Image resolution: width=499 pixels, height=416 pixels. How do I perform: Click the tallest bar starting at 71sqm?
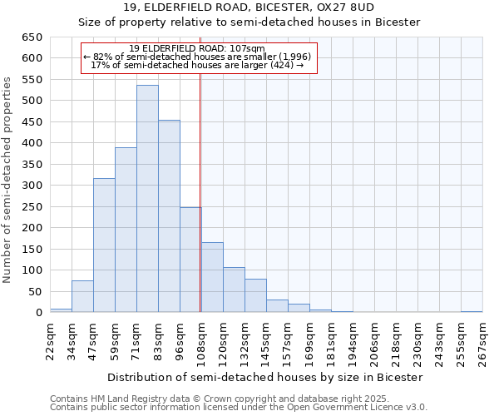[x=147, y=199]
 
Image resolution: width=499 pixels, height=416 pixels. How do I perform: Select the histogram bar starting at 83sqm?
[x=169, y=216]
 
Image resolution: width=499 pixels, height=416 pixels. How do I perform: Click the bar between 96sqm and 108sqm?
[x=190, y=260]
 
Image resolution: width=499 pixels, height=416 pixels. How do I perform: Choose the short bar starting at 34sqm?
[x=82, y=297]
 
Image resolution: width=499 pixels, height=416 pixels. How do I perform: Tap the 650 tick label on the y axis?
[x=32, y=37]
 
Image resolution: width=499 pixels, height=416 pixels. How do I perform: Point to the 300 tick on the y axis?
[x=32, y=186]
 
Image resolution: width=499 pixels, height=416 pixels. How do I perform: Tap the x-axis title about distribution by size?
[x=266, y=377]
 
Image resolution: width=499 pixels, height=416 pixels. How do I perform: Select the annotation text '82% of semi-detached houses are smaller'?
[x=198, y=57]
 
